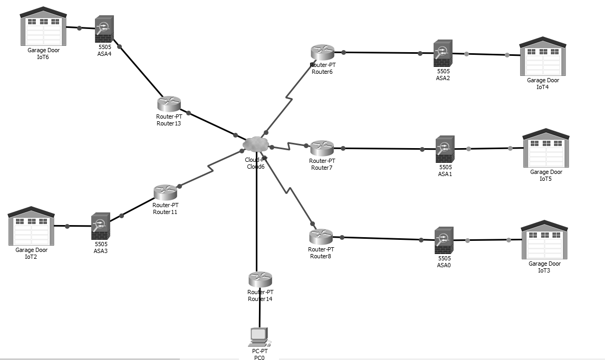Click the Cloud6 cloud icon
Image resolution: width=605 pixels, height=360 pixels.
point(256,143)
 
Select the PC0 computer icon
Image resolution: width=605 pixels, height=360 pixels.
point(258,336)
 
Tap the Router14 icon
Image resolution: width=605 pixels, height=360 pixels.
point(260,279)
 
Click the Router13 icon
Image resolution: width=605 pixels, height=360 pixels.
point(169,104)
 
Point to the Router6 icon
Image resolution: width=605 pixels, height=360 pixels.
point(322,52)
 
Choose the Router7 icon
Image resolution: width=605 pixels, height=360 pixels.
point(322,148)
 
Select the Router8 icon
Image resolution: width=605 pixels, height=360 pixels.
point(321,237)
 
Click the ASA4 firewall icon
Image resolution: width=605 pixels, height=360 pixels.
point(104,29)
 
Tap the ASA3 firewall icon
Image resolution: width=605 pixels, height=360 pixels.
point(100,226)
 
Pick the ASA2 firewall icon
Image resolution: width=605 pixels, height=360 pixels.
point(443,53)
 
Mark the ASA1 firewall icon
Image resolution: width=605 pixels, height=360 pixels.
point(445,149)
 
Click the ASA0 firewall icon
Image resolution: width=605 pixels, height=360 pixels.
point(444,240)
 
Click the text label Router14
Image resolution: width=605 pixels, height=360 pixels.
point(260,299)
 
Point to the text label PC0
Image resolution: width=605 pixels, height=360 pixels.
point(259,357)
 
